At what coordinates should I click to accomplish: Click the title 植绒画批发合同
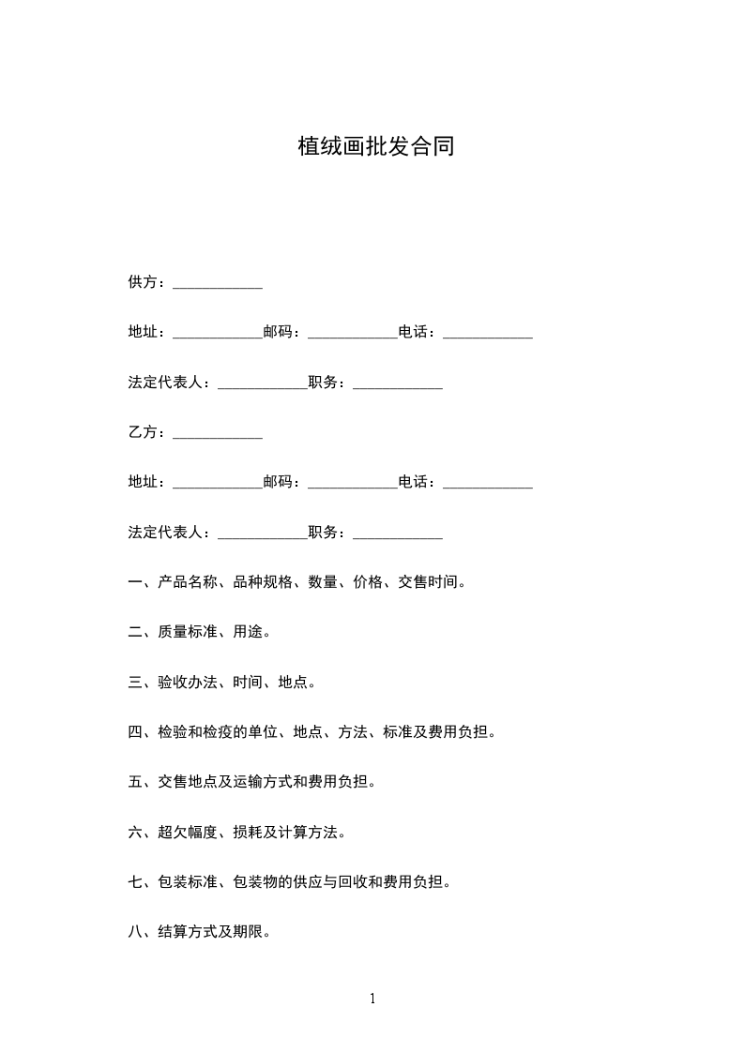pos(376,146)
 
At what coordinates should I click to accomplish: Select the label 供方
pos(143,282)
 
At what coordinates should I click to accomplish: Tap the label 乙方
pos(143,432)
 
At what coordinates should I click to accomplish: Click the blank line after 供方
pos(218,286)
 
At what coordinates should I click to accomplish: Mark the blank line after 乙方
pos(218,436)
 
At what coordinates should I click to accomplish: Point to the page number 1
pos(372,999)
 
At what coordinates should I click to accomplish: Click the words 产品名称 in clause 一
pos(188,582)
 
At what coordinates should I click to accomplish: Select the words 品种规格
pos(263,582)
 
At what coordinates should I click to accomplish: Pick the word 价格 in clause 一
pos(368,582)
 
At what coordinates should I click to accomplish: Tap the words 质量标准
pos(188,632)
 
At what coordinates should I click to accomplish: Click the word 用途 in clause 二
pos(248,632)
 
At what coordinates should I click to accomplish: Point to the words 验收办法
pos(188,682)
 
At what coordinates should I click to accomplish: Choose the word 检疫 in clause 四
pos(233,732)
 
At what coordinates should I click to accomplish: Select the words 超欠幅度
pos(188,832)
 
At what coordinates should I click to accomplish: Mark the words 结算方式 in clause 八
pos(188,932)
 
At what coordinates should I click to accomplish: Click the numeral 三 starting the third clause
pos(135,682)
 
